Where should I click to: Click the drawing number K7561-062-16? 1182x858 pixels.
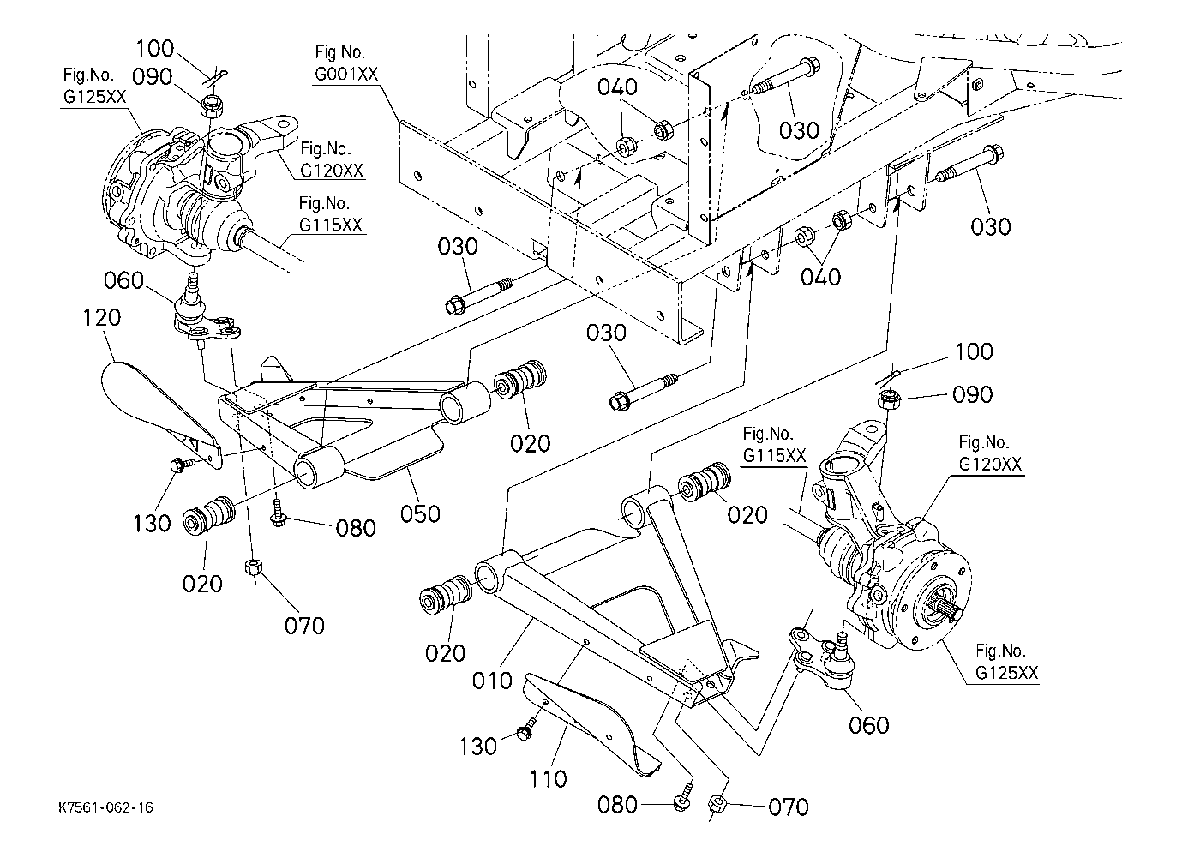[106, 808]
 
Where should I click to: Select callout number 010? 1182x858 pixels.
[492, 681]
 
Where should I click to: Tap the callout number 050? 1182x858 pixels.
[420, 514]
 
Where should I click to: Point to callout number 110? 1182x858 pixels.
[547, 779]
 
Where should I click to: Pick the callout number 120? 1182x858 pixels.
[102, 318]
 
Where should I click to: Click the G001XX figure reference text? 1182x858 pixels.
[346, 75]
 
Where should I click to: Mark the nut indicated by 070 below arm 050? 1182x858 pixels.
[253, 567]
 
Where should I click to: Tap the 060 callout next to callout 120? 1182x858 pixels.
[123, 280]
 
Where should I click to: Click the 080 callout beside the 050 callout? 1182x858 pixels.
[356, 528]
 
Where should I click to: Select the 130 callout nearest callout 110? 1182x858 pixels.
[477, 746]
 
